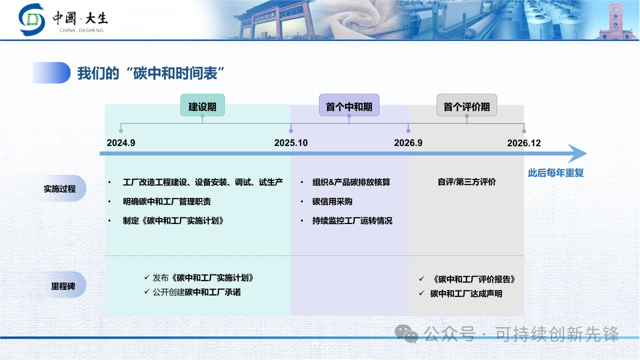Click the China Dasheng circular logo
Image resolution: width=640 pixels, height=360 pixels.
coord(31,19)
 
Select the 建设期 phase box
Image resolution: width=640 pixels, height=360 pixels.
coord(202,105)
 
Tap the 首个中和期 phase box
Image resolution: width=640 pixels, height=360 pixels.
coord(349,105)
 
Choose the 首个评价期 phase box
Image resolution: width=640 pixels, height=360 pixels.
coord(467,105)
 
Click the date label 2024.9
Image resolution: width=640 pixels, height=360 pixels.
coord(121,143)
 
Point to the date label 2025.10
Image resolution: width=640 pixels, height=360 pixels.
coord(291,143)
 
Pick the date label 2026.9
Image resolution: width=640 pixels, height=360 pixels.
coord(408,143)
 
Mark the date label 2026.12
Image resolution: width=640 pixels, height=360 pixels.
coord(524,143)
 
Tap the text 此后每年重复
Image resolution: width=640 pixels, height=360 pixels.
coord(555,173)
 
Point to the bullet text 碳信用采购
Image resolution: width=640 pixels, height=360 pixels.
coord(332,201)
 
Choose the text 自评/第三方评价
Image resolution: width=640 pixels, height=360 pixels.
coord(467,182)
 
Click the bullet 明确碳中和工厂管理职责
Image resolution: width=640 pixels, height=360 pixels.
coord(167,201)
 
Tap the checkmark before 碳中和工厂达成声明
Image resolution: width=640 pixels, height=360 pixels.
coord(421,293)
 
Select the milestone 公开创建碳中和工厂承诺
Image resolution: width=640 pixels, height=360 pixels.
coord(197,292)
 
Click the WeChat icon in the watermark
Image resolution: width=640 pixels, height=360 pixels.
coord(406,333)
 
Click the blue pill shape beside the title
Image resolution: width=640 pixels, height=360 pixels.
coord(51,73)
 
